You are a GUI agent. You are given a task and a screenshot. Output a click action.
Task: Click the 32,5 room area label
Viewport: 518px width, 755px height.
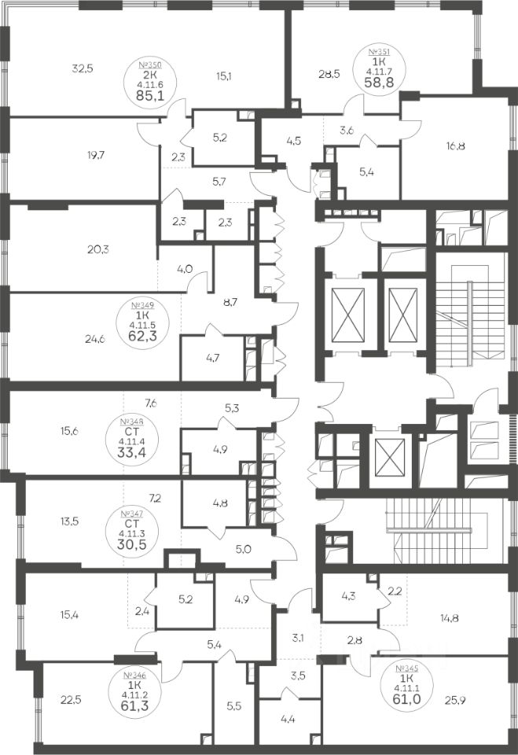click(82, 68)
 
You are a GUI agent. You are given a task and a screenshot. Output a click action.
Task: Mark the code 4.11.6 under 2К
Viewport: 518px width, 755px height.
click(150, 86)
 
